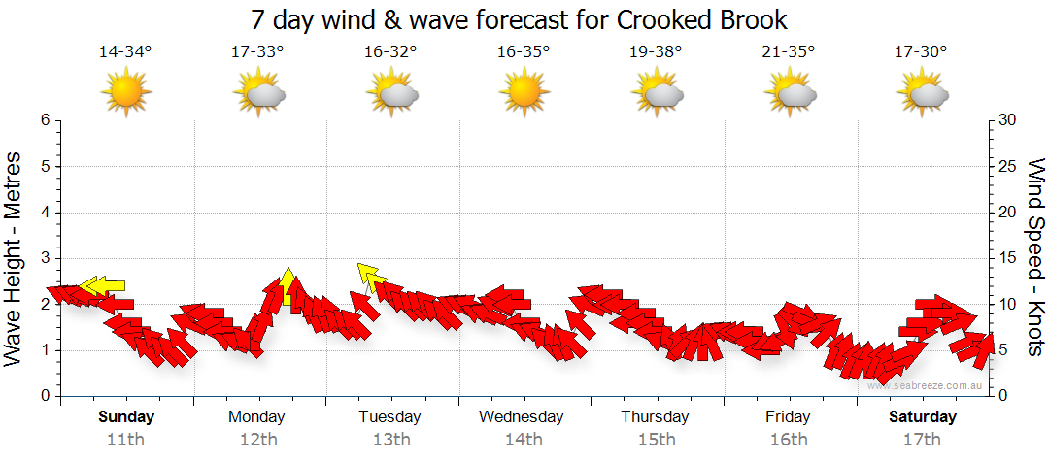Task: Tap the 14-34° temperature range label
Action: point(125,52)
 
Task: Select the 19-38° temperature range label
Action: point(656,52)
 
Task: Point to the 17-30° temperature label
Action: point(921,52)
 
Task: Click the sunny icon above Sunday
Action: point(126,94)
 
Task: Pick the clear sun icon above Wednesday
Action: point(524,94)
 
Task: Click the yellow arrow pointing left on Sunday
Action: point(103,285)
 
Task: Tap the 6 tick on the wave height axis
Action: point(44,120)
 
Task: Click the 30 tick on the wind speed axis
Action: point(1007,120)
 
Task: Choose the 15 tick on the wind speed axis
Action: point(1007,258)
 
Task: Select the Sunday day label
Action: point(126,417)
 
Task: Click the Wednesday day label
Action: point(522,417)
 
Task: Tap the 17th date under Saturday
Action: point(922,440)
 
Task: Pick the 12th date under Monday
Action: point(257,440)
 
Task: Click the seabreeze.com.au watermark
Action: point(926,386)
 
